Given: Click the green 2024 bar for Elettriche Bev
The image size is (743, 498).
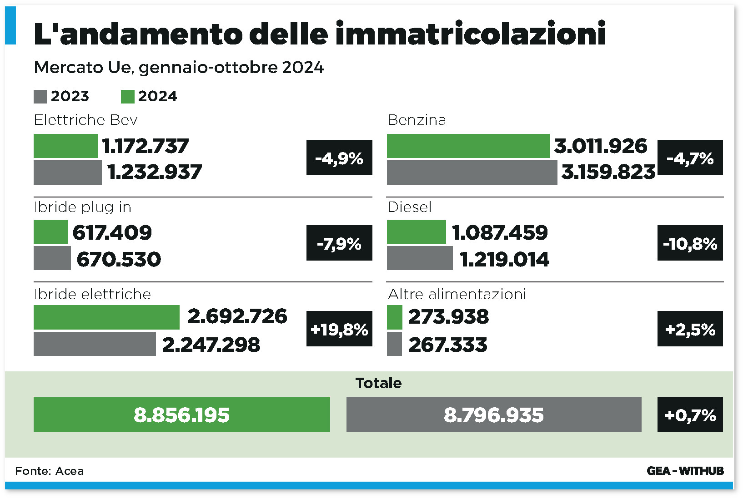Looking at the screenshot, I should click(65, 146).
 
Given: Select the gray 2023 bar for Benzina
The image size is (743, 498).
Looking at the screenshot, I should click(472, 173).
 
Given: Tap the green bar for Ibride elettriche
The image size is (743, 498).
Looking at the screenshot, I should click(106, 317).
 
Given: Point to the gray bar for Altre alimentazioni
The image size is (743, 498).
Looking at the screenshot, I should click(394, 344).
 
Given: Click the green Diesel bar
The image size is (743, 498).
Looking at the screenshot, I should click(416, 232).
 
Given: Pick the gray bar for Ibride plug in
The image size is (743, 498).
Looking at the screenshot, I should click(52, 258).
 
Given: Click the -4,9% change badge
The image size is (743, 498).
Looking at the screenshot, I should click(339, 158).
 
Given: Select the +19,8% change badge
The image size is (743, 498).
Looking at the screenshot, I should click(339, 329).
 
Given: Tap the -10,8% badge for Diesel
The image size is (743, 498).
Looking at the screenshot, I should click(690, 243).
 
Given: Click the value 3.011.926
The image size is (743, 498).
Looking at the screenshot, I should click(600, 146).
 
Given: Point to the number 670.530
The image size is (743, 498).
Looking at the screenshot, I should click(119, 259).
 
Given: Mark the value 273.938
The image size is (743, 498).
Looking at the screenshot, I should click(448, 317).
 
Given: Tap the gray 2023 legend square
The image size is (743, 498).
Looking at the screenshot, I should click(40, 97).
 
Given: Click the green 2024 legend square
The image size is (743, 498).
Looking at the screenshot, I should click(127, 97).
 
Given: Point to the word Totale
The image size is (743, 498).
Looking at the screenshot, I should click(378, 383).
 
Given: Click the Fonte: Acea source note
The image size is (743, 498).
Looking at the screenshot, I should click(50, 471).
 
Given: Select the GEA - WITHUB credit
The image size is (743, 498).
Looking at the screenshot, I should click(685, 471).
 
